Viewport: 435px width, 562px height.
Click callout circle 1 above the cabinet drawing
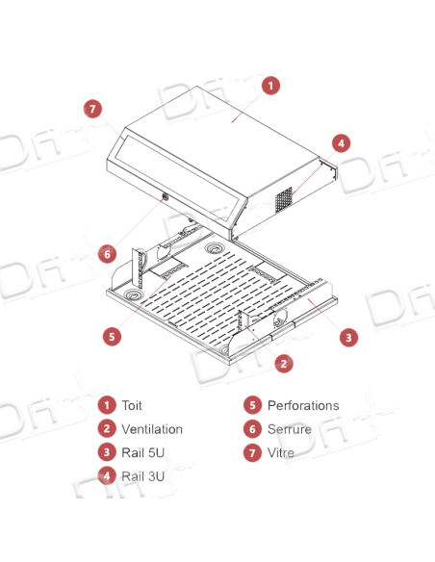click(x=270, y=86)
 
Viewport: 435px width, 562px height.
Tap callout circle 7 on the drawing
click(x=92, y=109)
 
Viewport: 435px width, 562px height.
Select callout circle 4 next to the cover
click(x=341, y=143)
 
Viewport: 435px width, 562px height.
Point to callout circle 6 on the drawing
click(x=107, y=254)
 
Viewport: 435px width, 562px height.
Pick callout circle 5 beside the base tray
click(x=113, y=337)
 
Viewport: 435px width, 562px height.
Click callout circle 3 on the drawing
click(x=348, y=337)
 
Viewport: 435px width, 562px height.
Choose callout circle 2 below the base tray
click(x=284, y=364)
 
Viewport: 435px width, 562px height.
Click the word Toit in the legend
click(x=132, y=405)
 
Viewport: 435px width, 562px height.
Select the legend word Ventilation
click(x=152, y=429)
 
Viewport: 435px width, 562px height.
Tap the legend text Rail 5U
click(x=143, y=452)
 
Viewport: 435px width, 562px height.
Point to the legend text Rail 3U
click(x=143, y=476)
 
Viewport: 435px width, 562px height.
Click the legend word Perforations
click(x=303, y=405)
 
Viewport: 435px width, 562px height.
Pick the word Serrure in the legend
click(x=290, y=429)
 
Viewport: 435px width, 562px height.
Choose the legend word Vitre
click(x=281, y=452)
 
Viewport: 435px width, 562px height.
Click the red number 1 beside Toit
click(x=107, y=405)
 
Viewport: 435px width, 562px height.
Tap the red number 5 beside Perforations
click(x=252, y=405)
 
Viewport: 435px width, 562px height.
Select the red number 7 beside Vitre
click(x=252, y=452)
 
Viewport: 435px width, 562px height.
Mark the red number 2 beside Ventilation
click(x=107, y=428)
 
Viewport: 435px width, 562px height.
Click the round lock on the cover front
click(x=166, y=196)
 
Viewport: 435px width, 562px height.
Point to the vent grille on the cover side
click(x=284, y=200)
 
